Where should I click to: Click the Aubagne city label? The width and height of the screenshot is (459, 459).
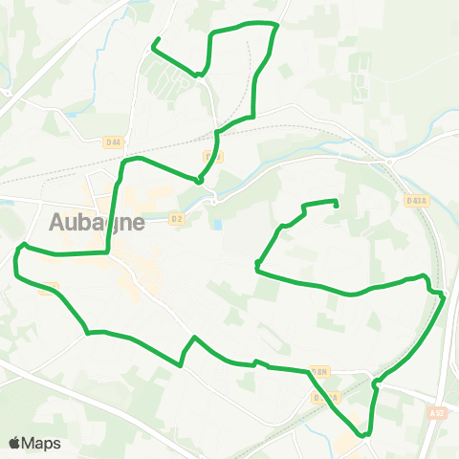pyautogui.click(x=98, y=222)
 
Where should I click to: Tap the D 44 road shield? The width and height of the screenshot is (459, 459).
pyautogui.click(x=114, y=142)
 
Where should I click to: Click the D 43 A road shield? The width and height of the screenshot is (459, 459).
pyautogui.click(x=415, y=201)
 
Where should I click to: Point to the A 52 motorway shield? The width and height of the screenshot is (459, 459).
pyautogui.click(x=437, y=413)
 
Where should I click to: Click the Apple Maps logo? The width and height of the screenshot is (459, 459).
pyautogui.click(x=34, y=443)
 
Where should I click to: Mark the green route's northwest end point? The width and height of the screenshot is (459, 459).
pyautogui.click(x=156, y=40)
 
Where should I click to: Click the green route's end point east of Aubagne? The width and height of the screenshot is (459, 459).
pyautogui.click(x=337, y=202)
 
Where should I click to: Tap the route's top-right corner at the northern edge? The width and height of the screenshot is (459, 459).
pyautogui.click(x=276, y=25)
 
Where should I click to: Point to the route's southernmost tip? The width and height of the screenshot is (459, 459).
pyautogui.click(x=364, y=435)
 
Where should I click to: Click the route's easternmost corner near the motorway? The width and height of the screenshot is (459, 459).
pyautogui.click(x=444, y=297)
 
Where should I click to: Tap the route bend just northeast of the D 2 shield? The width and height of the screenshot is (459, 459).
pyautogui.click(x=200, y=180)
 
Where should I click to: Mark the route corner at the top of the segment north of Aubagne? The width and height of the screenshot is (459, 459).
pyautogui.click(x=125, y=161)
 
